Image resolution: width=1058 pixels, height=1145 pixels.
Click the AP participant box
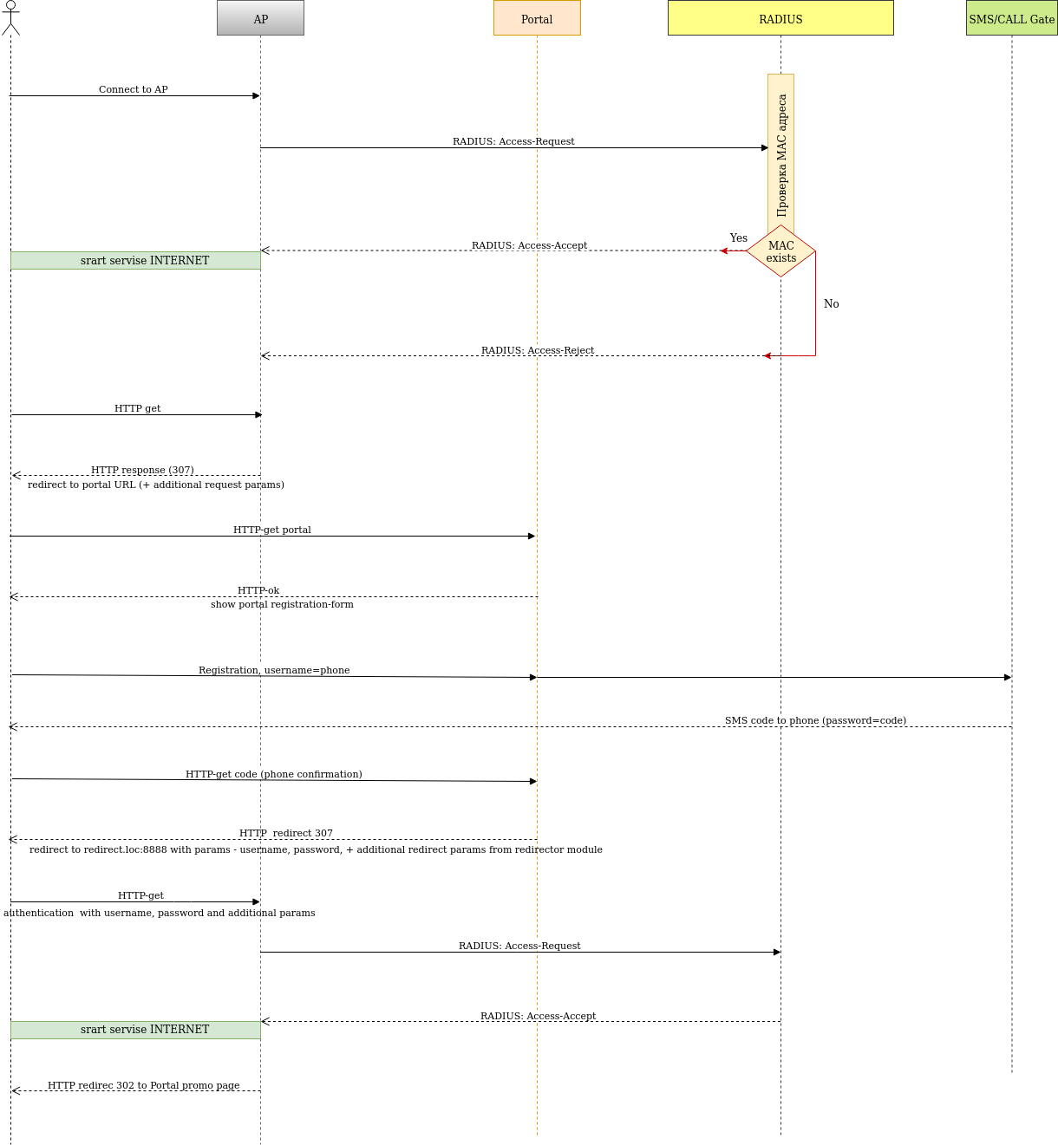pyautogui.click(x=260, y=18)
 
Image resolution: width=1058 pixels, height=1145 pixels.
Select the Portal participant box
pyautogui.click(x=537, y=18)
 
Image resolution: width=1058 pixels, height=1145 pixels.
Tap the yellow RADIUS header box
pyautogui.click(x=780, y=18)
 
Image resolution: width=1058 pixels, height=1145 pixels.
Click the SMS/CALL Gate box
pyautogui.click(x=1011, y=18)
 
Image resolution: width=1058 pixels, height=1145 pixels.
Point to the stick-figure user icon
pyautogui.click(x=10, y=17)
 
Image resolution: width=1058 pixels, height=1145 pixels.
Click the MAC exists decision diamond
pyautogui.click(x=780, y=251)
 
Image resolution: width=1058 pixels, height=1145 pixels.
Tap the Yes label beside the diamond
pyautogui.click(x=738, y=237)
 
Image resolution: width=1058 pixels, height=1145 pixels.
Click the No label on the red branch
pyautogui.click(x=831, y=303)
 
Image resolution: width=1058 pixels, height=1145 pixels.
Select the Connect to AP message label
pyautogui.click(x=133, y=89)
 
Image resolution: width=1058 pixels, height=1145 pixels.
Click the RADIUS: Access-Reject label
pyautogui.click(x=538, y=350)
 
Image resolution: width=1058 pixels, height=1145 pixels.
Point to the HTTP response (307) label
pyautogui.click(x=142, y=470)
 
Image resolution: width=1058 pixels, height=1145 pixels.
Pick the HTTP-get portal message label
pyautogui.click(x=271, y=530)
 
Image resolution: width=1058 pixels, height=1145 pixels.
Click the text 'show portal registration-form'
pyautogui.click(x=282, y=604)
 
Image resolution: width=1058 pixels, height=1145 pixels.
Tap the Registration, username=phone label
pyautogui.click(x=274, y=670)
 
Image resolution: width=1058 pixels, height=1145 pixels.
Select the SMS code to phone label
pyautogui.click(x=815, y=720)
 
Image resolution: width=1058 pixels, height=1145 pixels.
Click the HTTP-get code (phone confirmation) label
pyautogui.click(x=273, y=774)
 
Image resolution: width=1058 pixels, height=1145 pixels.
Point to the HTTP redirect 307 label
pyautogui.click(x=285, y=833)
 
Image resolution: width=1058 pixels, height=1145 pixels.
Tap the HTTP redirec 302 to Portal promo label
pyautogui.click(x=143, y=1085)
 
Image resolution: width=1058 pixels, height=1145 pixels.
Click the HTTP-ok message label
pyautogui.click(x=258, y=590)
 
